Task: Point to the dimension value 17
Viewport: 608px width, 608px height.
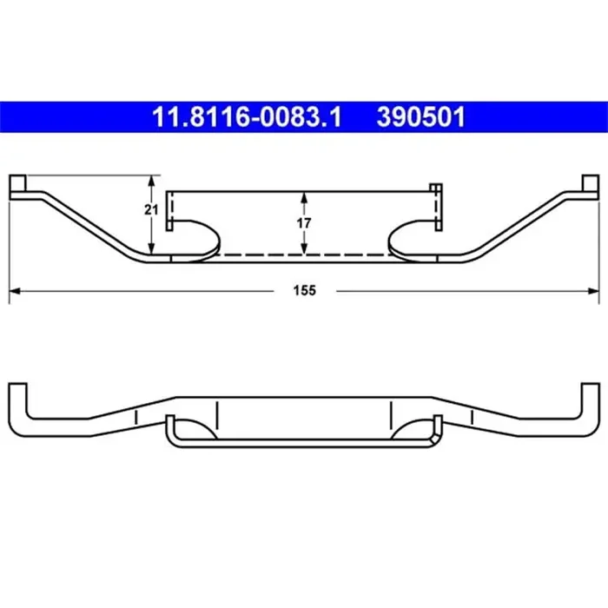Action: click(303, 222)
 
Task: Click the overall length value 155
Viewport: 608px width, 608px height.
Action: click(303, 291)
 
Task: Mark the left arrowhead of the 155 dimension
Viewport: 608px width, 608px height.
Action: click(14, 291)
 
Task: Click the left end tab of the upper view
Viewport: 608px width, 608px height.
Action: click(18, 186)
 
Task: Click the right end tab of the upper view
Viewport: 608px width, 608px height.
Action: click(590, 186)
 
